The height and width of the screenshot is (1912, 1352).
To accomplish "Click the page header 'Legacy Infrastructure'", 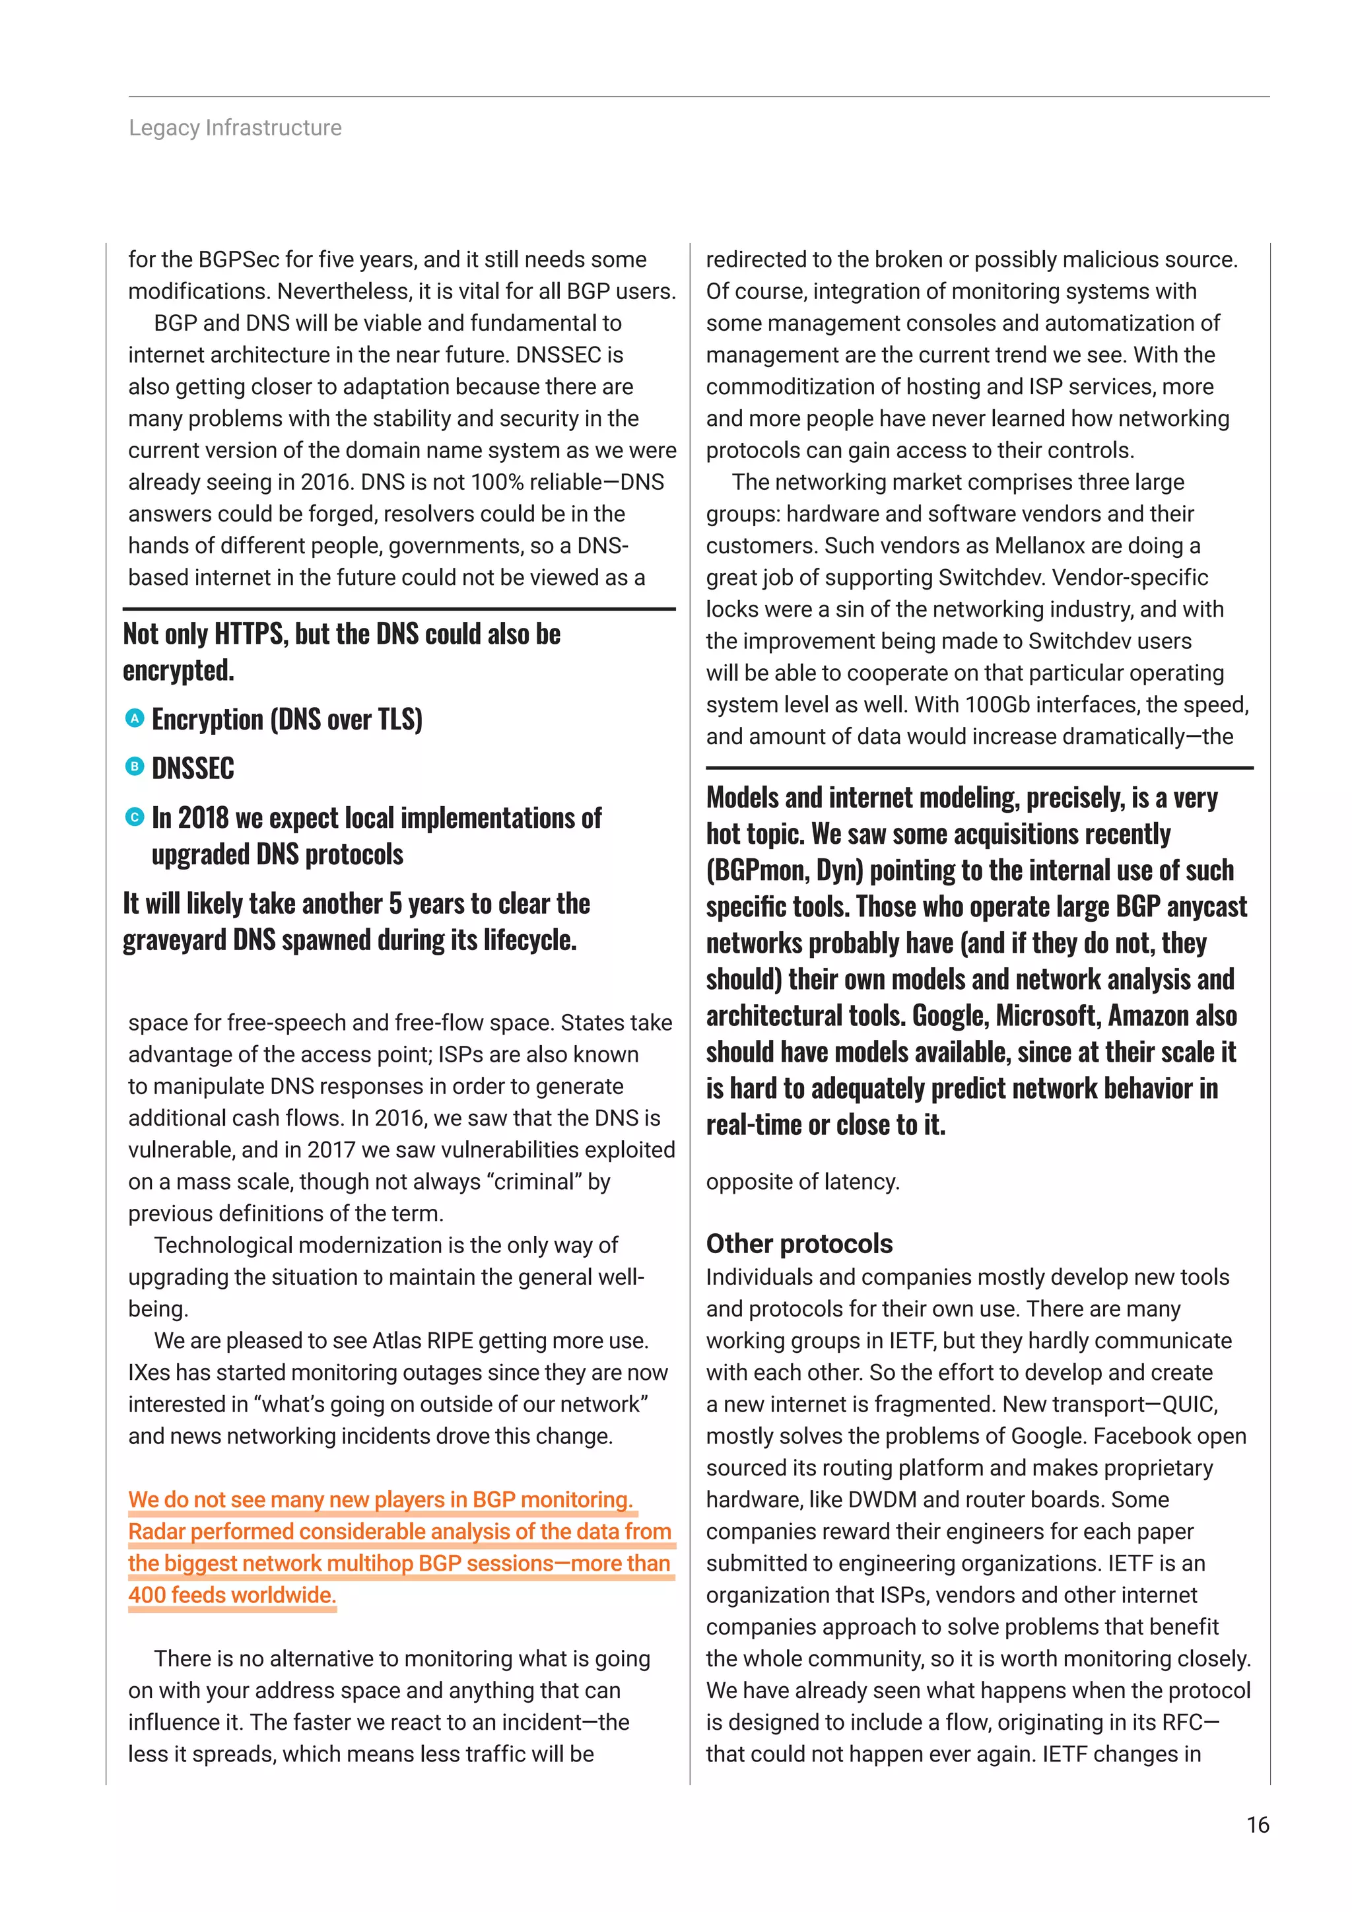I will [235, 127].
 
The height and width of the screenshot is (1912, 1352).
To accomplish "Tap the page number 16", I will [1257, 1825].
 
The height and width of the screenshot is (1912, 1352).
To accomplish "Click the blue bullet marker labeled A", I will [134, 718].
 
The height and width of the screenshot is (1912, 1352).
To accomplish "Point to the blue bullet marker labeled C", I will [134, 817].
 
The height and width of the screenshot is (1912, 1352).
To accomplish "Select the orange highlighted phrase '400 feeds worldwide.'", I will [232, 1594].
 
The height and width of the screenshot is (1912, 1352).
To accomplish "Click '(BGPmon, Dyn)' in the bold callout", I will [785, 870].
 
